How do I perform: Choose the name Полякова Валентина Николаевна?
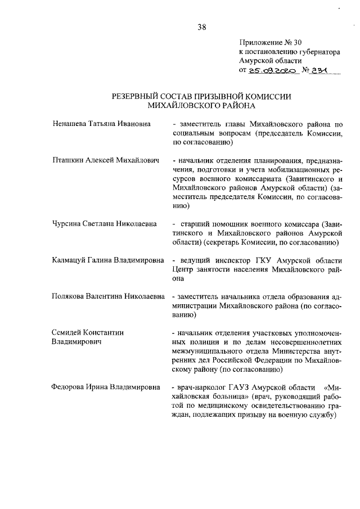(107, 296)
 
